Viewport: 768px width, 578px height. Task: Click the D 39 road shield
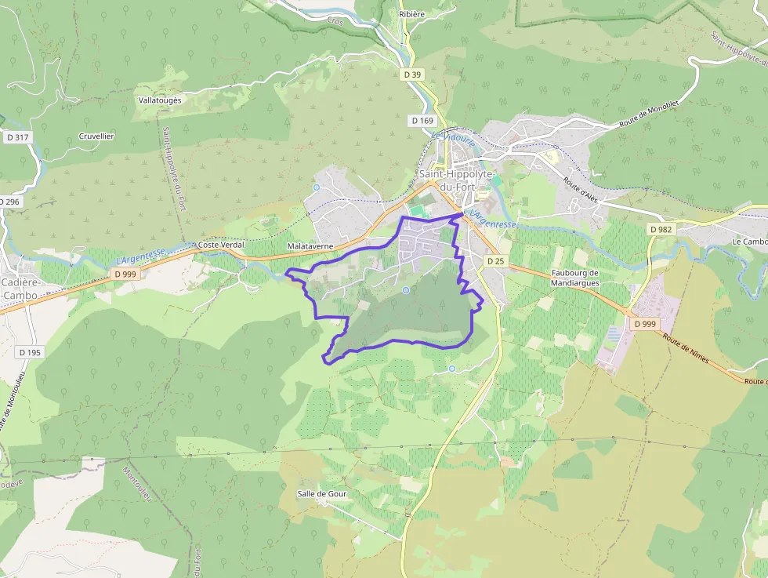[x=411, y=75]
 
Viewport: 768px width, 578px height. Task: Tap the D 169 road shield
[x=422, y=121]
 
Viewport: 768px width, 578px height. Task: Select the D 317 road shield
[x=16, y=137]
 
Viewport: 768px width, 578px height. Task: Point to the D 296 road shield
[x=9, y=202]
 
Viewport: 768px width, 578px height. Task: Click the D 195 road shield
[x=29, y=352]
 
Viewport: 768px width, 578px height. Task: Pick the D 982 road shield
[x=661, y=229]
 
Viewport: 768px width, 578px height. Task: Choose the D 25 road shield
[x=494, y=260]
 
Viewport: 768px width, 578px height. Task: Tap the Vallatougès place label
[x=160, y=100]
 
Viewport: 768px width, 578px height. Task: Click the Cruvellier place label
[x=96, y=136]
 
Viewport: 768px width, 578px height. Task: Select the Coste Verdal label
[x=221, y=245]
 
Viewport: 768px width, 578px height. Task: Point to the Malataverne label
[x=310, y=245]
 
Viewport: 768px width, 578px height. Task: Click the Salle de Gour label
[x=321, y=493]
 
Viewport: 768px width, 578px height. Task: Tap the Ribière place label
[x=411, y=14]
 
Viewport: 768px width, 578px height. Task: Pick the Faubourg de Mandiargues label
[x=575, y=278]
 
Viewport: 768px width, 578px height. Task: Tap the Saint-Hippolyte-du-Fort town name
[x=455, y=180]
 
